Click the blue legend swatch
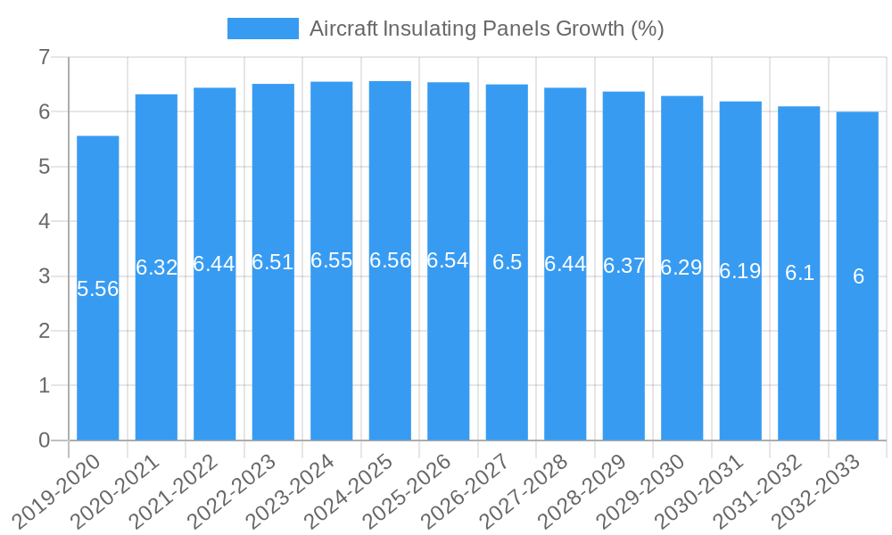coord(262,29)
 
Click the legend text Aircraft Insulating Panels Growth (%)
coord(486,29)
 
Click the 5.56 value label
coord(98,289)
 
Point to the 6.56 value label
coord(390,260)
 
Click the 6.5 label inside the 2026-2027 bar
coord(507,262)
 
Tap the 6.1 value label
coord(799,273)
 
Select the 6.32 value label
coord(156,267)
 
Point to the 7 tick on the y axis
coord(44,58)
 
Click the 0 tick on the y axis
coord(44,440)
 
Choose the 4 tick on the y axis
coord(44,222)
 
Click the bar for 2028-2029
coord(624,357)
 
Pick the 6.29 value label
coord(681,267)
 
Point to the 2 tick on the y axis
coord(44,331)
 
